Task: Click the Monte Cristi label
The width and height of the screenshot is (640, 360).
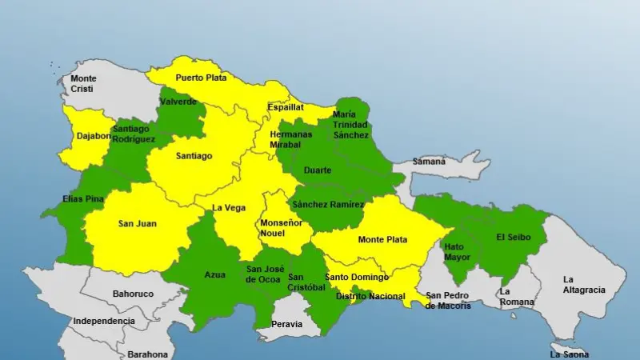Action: (x=82, y=83)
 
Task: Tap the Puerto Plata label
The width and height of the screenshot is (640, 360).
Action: (x=201, y=78)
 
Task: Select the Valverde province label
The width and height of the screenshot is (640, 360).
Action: (x=178, y=102)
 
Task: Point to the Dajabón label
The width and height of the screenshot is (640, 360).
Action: (x=94, y=135)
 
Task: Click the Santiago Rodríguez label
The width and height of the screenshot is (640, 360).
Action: (x=134, y=134)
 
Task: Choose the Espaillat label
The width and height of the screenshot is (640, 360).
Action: (x=286, y=106)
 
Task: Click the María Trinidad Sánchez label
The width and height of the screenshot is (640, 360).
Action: (x=350, y=124)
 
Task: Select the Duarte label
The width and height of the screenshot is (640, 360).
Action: (x=318, y=170)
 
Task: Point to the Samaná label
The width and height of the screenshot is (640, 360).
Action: (x=429, y=162)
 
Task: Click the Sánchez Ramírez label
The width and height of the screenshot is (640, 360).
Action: (x=328, y=205)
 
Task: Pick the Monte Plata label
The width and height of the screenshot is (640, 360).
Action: (x=382, y=239)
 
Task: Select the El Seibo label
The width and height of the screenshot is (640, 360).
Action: (x=512, y=237)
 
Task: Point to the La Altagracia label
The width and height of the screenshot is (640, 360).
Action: (x=584, y=284)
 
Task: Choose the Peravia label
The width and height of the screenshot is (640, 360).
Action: (x=287, y=324)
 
